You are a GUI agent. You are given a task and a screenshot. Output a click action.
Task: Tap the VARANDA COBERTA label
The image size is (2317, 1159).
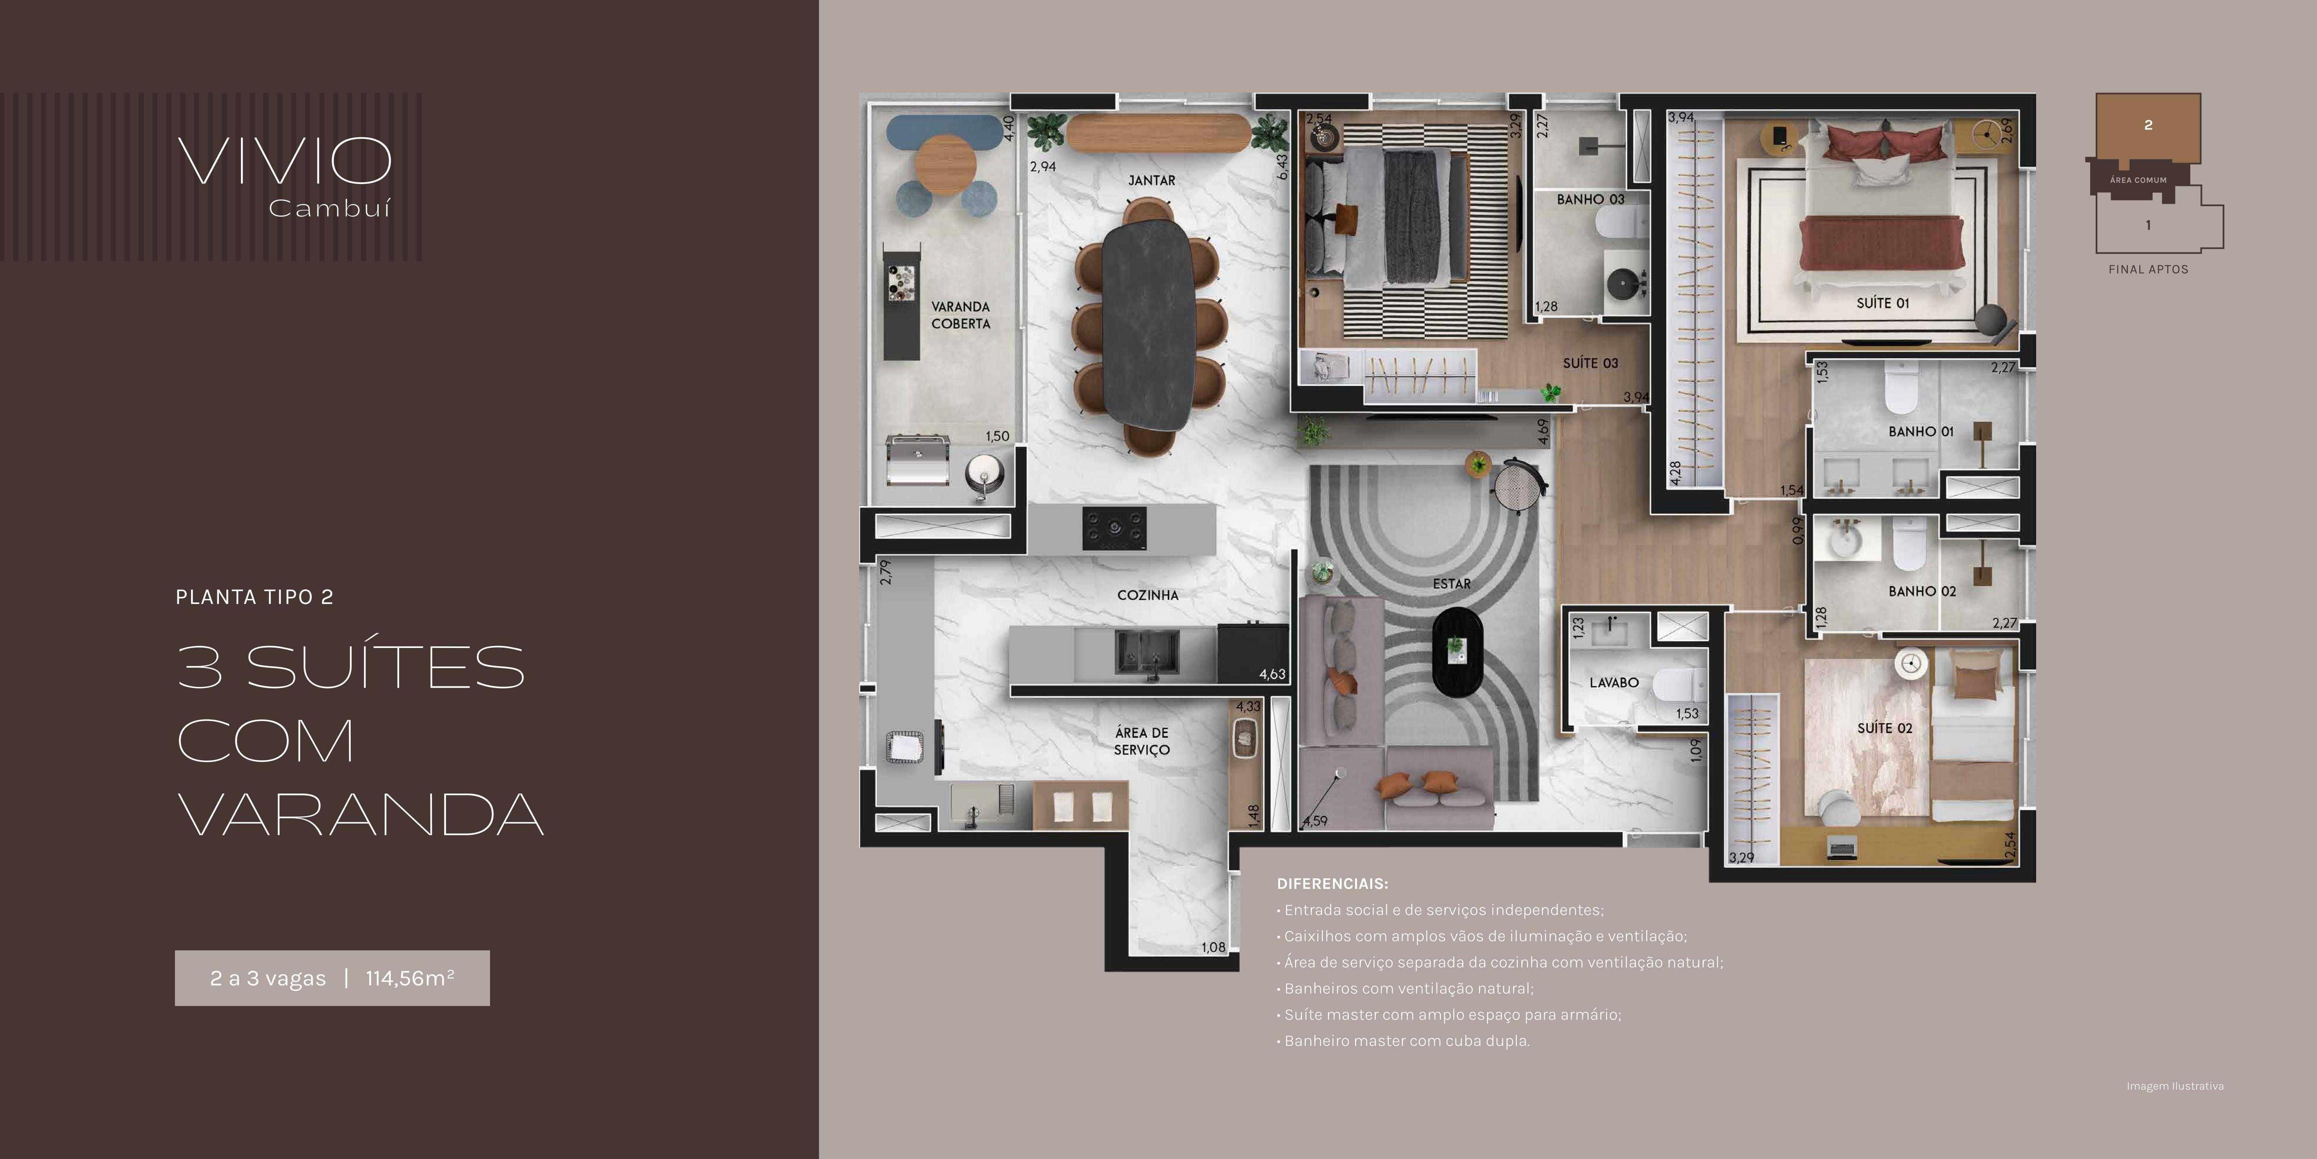[x=961, y=315]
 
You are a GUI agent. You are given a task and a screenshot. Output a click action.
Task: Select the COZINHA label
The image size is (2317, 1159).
[x=1148, y=595]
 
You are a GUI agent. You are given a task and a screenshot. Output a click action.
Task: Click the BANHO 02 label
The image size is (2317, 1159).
[x=1922, y=591]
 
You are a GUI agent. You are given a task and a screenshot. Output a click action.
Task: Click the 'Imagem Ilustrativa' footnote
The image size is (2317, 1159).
[x=2175, y=1086]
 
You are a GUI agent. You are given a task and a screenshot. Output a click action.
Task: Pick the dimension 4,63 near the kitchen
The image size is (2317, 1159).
[x=1272, y=674]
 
